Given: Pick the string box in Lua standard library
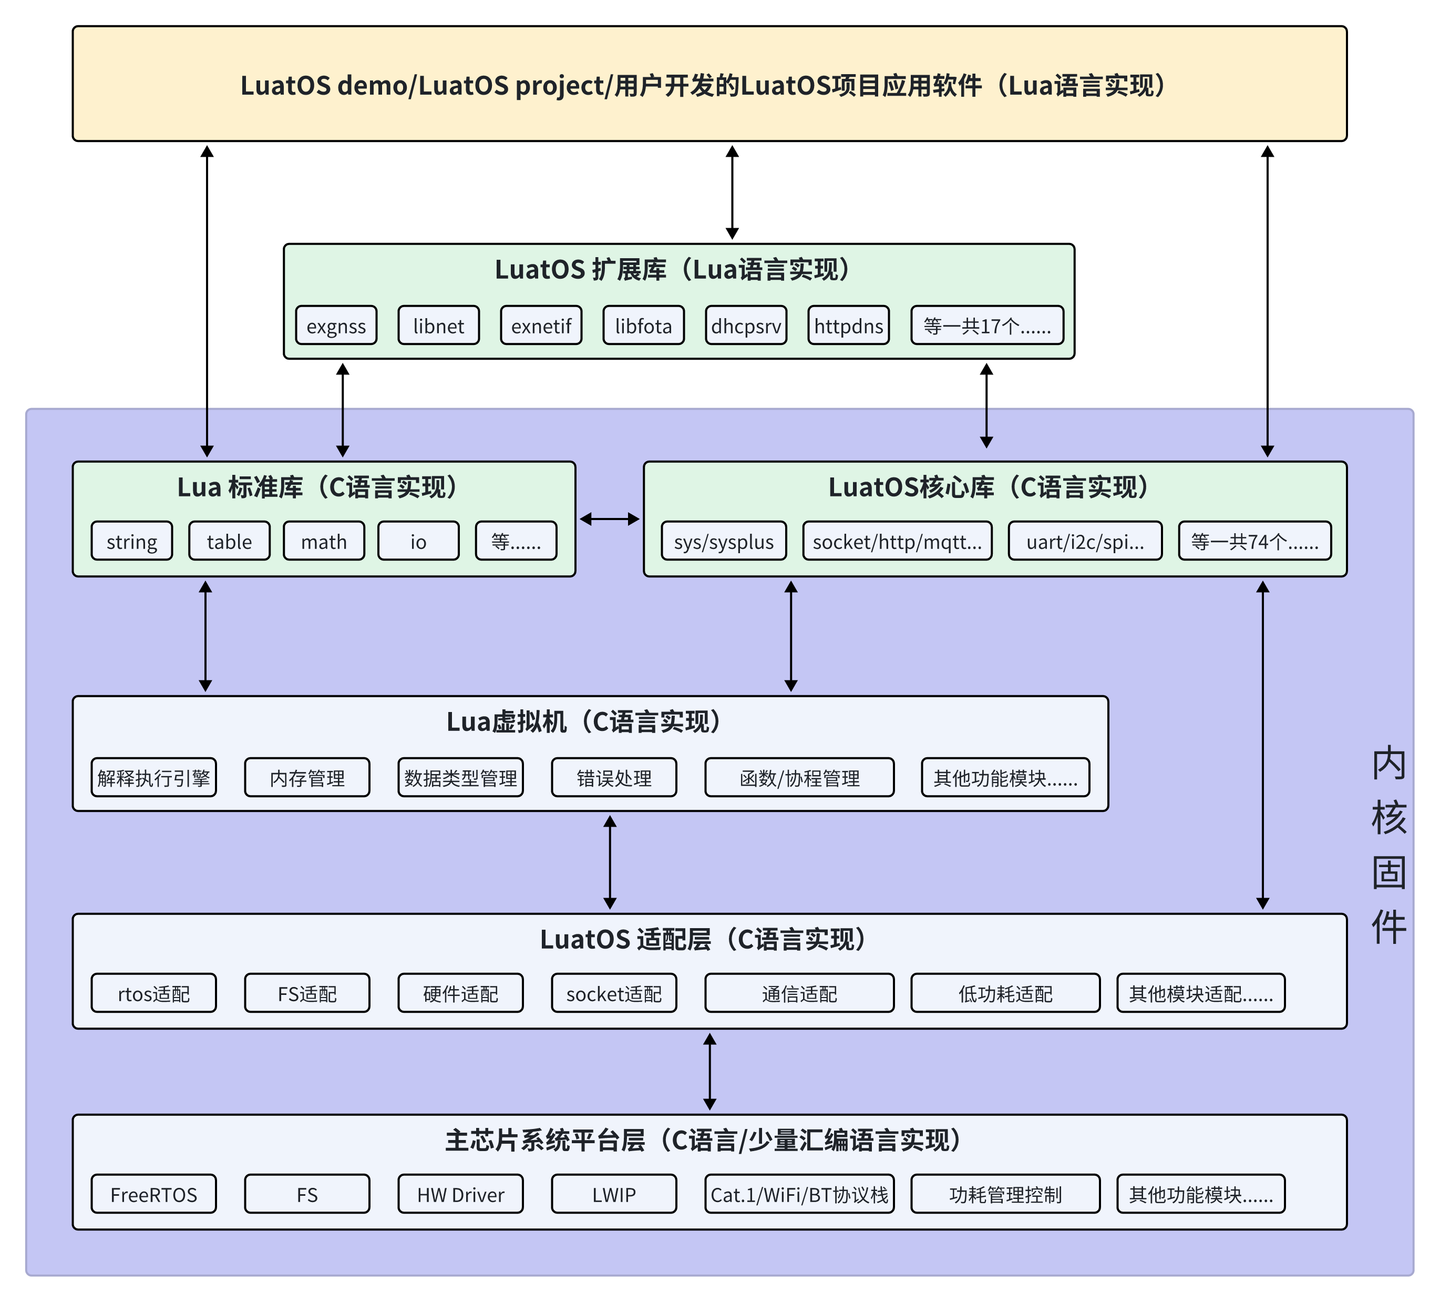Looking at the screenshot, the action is pyautogui.click(x=132, y=541).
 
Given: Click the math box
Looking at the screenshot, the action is pyautogui.click(x=324, y=541).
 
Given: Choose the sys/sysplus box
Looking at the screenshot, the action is pyautogui.click(x=724, y=541).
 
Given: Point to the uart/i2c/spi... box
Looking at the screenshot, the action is pyautogui.click(x=1085, y=541).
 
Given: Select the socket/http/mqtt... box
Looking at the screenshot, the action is pyautogui.click(x=897, y=541).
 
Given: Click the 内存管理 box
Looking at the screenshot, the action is pyautogui.click(x=307, y=778).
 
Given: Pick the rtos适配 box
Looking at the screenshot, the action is pyautogui.click(x=153, y=993).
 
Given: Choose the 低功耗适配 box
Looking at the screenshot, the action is pyautogui.click(x=1005, y=993).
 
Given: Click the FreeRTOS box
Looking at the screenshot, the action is pyautogui.click(x=153, y=1194).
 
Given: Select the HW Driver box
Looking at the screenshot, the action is pyautogui.click(x=461, y=1194).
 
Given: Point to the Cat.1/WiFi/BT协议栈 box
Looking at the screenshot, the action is pyautogui.click(x=799, y=1194).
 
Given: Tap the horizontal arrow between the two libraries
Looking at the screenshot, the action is pyautogui.click(x=609, y=520).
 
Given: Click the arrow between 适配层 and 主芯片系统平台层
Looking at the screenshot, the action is pyautogui.click(x=709, y=1071).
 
